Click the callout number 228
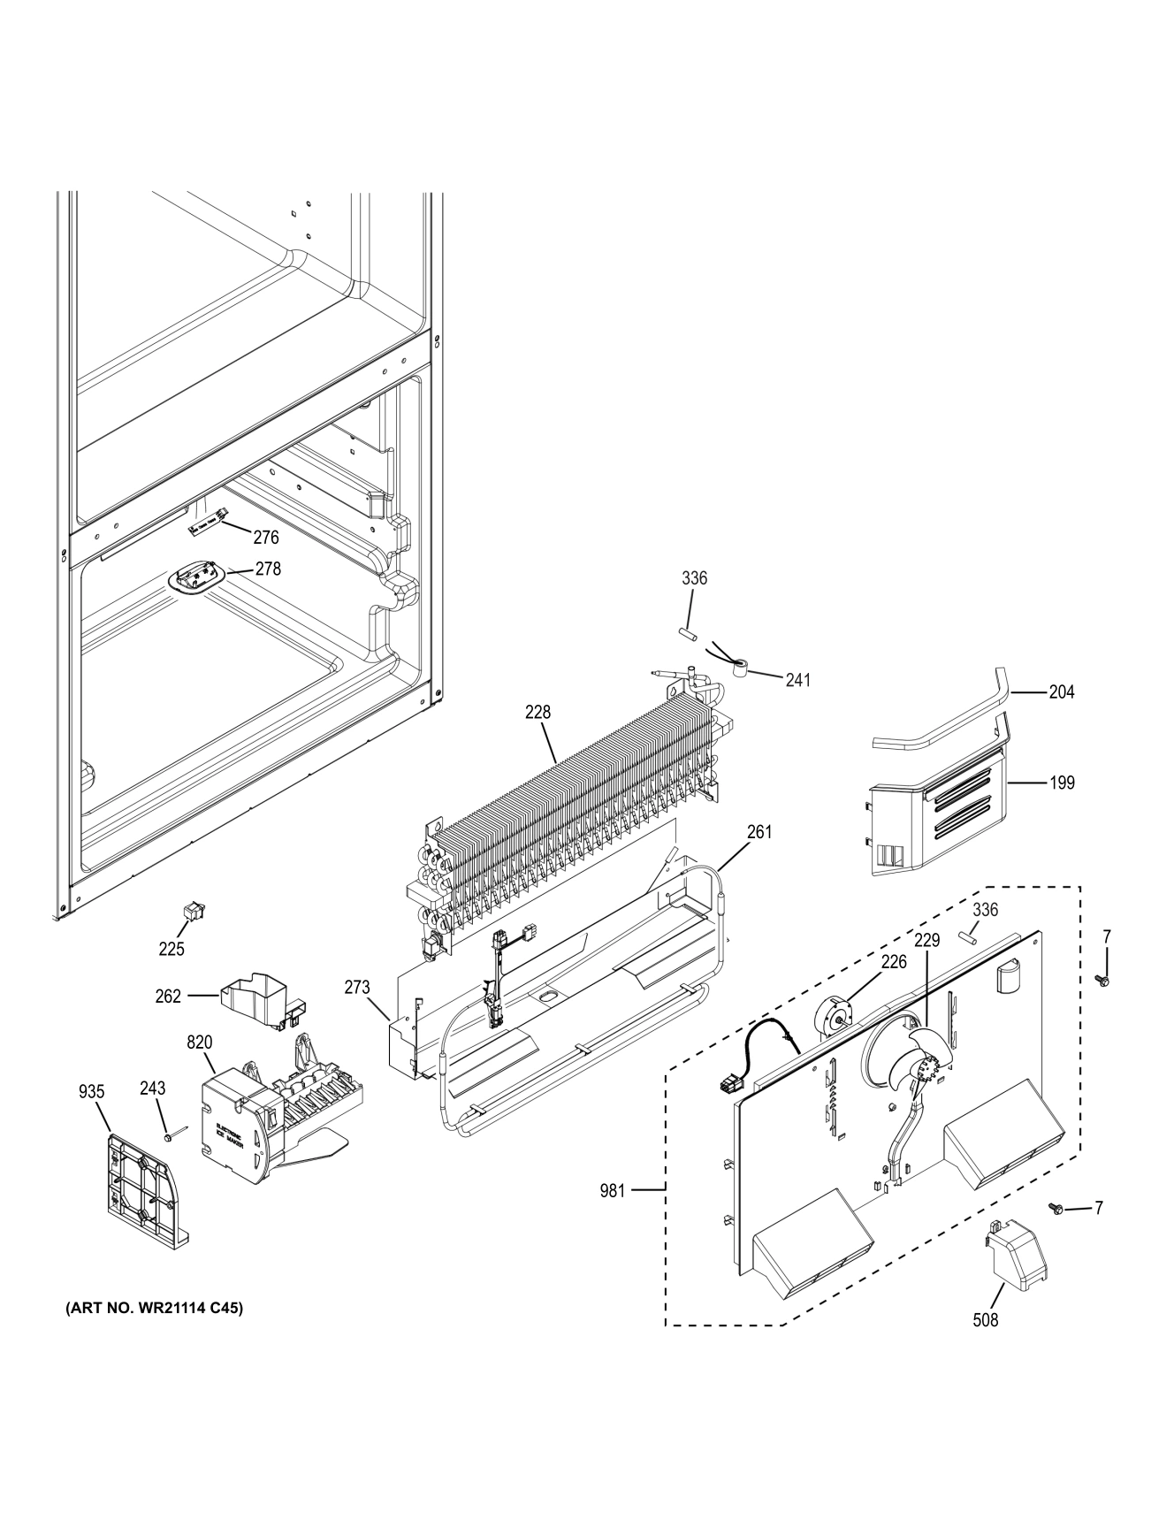537,711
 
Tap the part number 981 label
612,1191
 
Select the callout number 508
985,1320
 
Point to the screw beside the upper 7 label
1102,980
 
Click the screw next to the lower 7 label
1056,1208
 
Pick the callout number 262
167,996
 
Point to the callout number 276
265,537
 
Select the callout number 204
1061,692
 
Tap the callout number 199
1062,783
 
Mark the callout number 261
759,831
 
